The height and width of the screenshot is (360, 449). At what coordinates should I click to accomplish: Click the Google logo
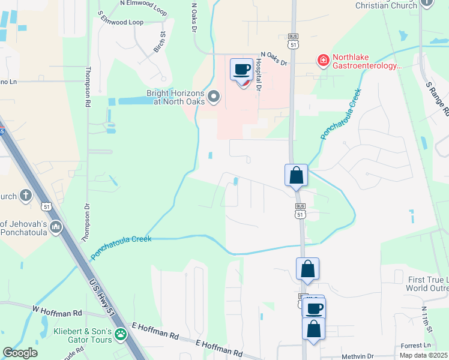pyautogui.click(x=20, y=353)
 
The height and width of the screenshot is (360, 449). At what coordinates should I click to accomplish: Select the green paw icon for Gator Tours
pyautogui.click(x=121, y=332)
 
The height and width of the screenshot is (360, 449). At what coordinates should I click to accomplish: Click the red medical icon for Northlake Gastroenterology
pyautogui.click(x=323, y=59)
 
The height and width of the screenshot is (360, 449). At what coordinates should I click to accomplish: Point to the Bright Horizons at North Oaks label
pyautogui.click(x=175, y=97)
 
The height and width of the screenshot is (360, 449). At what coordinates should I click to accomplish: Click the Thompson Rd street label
pyautogui.click(x=88, y=87)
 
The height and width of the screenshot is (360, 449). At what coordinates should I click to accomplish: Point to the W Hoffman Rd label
pyautogui.click(x=57, y=311)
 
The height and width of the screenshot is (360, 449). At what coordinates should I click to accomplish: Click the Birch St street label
pyautogui.click(x=159, y=43)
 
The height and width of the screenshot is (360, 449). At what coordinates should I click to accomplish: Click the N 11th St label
pyautogui.click(x=427, y=319)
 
